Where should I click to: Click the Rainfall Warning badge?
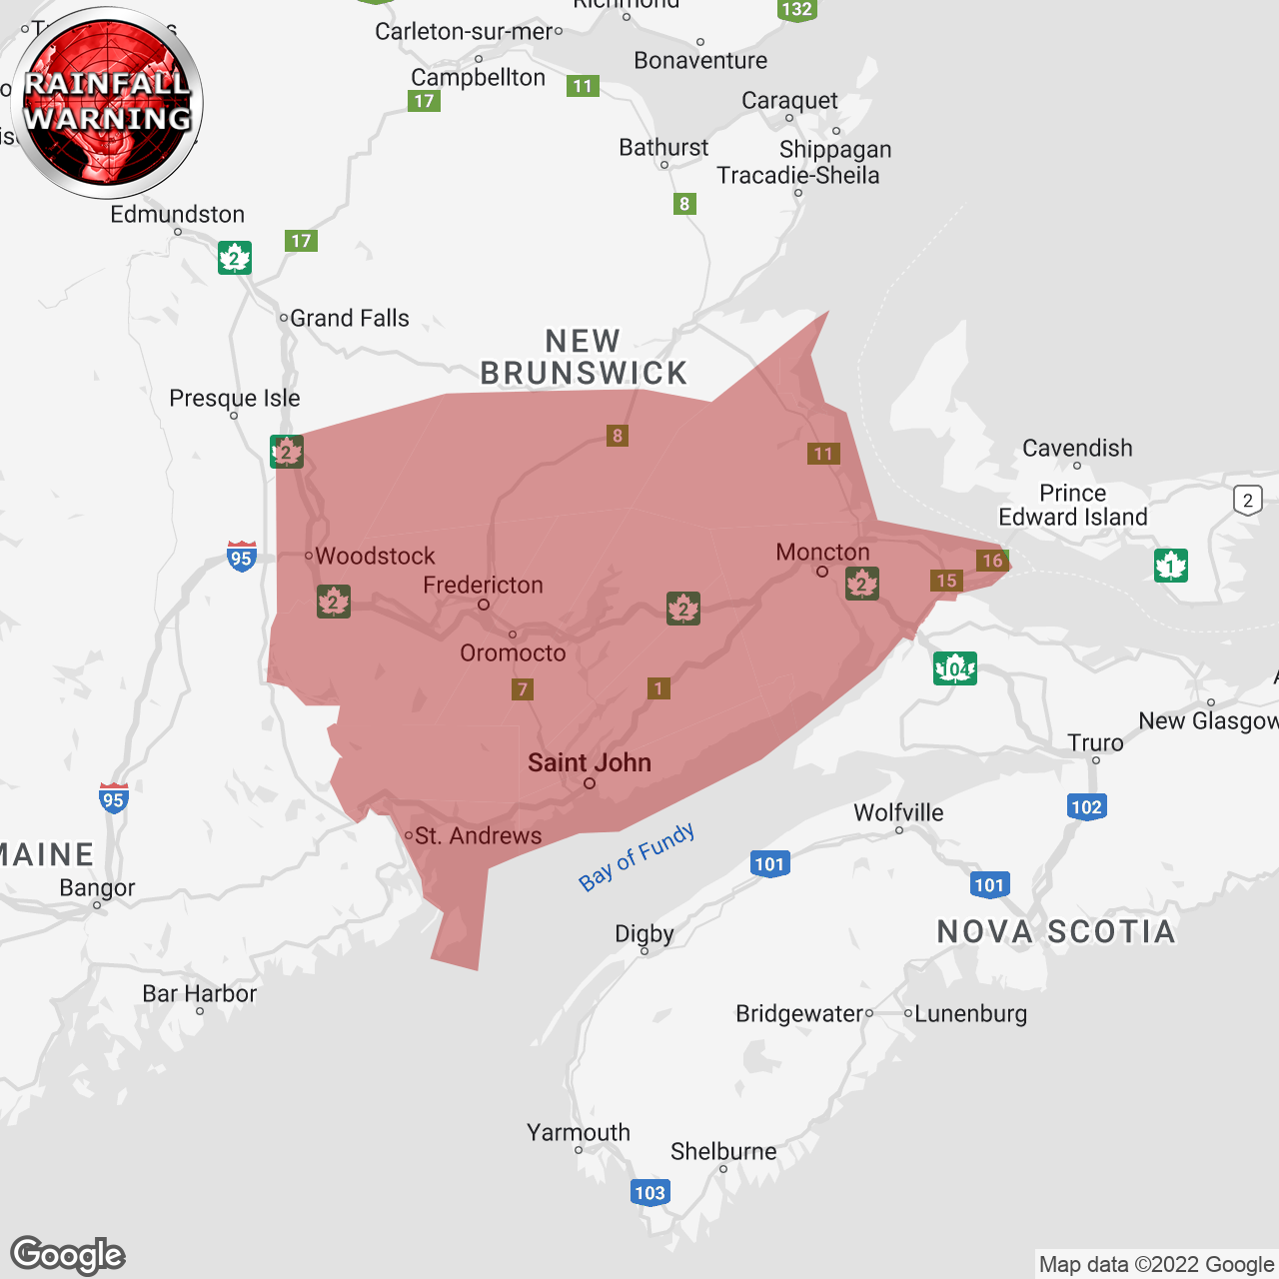(107, 102)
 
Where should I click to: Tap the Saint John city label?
(590, 762)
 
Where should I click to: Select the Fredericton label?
(483, 585)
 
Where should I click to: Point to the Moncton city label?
(822, 552)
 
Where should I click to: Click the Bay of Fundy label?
(637, 857)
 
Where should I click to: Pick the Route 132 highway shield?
(796, 10)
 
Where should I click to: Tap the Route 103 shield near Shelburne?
(649, 1192)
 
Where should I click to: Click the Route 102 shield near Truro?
(1086, 807)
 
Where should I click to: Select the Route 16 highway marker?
(992, 561)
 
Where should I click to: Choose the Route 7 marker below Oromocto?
(522, 689)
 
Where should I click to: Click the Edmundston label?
(177, 214)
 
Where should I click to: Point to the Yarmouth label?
(579, 1132)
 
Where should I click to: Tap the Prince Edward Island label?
(1073, 505)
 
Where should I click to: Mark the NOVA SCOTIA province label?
(1056, 931)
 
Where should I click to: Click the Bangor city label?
(97, 887)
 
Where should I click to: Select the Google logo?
(68, 1255)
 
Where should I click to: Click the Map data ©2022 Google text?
(1156, 1265)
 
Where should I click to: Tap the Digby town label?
(644, 933)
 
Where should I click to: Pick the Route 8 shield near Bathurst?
(684, 204)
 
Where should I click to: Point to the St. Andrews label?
(478, 835)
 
